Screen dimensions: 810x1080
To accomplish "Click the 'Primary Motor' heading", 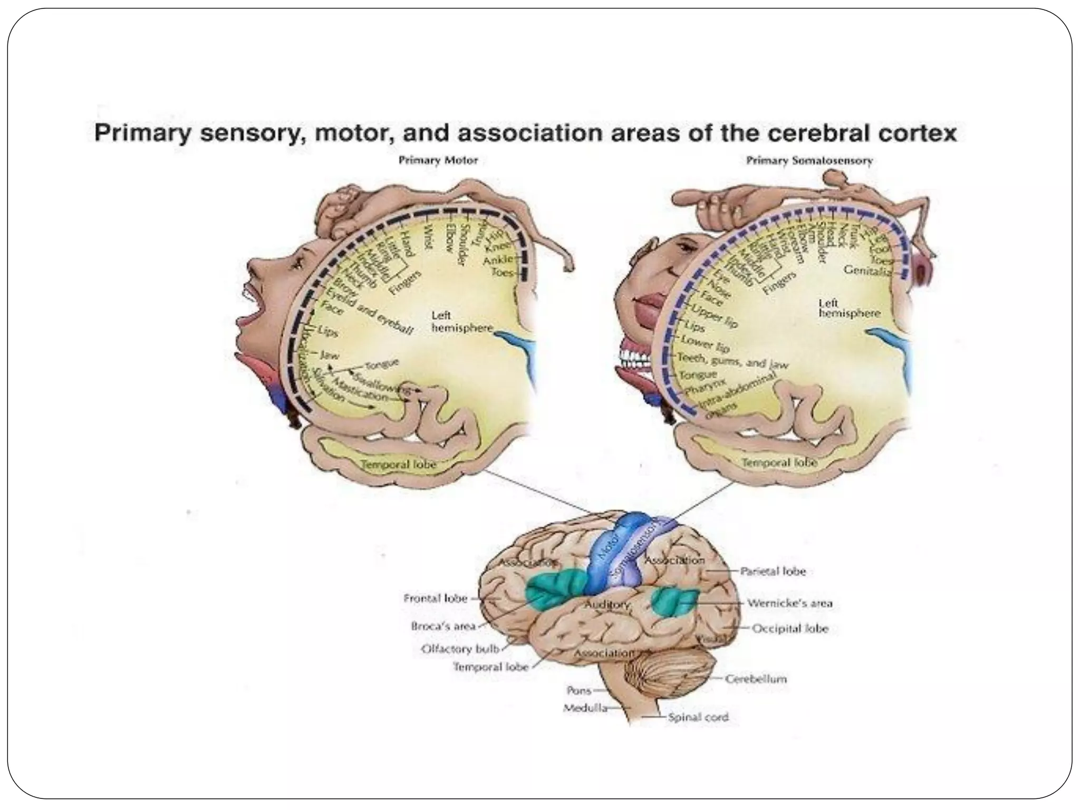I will (x=438, y=160).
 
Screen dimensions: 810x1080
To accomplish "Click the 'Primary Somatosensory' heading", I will (x=809, y=160).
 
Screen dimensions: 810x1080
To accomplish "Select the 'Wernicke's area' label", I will (x=789, y=603).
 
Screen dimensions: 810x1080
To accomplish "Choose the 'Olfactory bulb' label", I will (x=460, y=649).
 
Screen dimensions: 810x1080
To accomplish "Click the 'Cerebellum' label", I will (x=756, y=679).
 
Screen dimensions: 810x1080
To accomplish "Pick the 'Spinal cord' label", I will (x=698, y=717).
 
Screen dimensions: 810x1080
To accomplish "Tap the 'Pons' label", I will (x=578, y=690).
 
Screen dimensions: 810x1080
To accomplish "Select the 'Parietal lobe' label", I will (x=773, y=571).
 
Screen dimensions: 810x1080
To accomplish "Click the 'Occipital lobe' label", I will (x=789, y=629).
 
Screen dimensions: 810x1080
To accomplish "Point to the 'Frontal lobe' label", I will (x=435, y=598).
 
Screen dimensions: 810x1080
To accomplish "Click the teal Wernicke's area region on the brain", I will (x=674, y=602).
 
